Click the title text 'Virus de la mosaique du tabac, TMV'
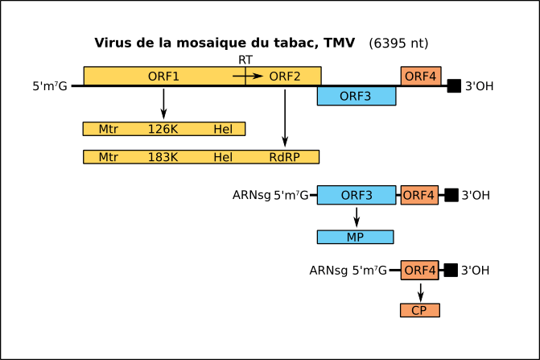click(x=225, y=43)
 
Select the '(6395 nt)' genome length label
click(x=398, y=43)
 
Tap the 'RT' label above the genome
click(x=245, y=60)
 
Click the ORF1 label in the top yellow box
click(x=163, y=77)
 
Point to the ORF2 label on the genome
click(x=285, y=77)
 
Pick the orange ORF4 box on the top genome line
click(x=421, y=76)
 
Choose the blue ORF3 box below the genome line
click(x=357, y=96)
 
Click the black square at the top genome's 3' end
click(x=454, y=86)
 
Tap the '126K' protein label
click(x=163, y=129)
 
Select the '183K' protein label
click(x=163, y=157)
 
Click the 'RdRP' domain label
click(x=284, y=157)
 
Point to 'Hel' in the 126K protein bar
click(x=223, y=129)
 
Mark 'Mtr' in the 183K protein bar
click(x=108, y=157)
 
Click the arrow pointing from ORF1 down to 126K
click(x=163, y=104)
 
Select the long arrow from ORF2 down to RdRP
click(x=285, y=118)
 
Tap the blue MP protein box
click(x=356, y=237)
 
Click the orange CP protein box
click(x=420, y=310)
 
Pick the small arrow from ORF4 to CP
click(x=421, y=293)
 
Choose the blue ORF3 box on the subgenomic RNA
click(x=357, y=195)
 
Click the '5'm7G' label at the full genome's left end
click(x=50, y=86)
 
